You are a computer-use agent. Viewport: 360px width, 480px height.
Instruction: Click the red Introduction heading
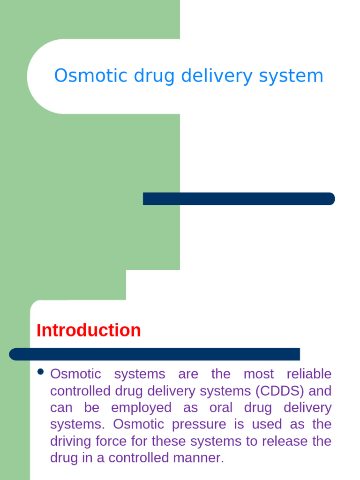click(89, 330)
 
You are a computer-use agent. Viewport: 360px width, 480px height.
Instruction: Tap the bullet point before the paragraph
click(40, 372)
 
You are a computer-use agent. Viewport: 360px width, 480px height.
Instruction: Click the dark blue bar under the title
click(239, 199)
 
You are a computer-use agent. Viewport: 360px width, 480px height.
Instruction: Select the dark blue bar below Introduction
click(155, 354)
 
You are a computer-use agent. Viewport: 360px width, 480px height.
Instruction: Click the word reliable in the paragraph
click(309, 374)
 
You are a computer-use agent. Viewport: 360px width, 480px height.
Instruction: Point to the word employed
click(142, 408)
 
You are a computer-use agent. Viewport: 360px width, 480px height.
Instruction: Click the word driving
click(71, 442)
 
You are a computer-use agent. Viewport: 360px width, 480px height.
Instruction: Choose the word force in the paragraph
click(113, 442)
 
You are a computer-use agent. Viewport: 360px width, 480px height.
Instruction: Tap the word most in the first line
click(258, 374)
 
